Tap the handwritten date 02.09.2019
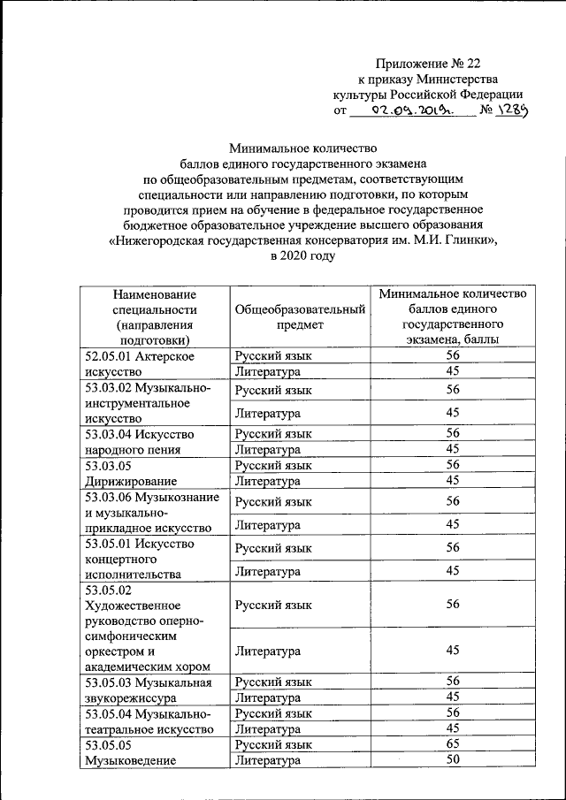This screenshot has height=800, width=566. pos(412,111)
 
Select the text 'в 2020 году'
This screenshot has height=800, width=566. pos(303,256)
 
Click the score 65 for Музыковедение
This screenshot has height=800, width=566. pos(453,744)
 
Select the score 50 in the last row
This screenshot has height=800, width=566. pos(453,760)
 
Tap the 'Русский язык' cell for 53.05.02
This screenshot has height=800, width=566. pos(273,604)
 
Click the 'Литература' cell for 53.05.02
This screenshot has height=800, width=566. pos(268,651)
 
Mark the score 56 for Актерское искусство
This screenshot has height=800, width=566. pos(453,355)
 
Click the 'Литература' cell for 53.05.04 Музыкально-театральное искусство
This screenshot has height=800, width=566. pos(268,728)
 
